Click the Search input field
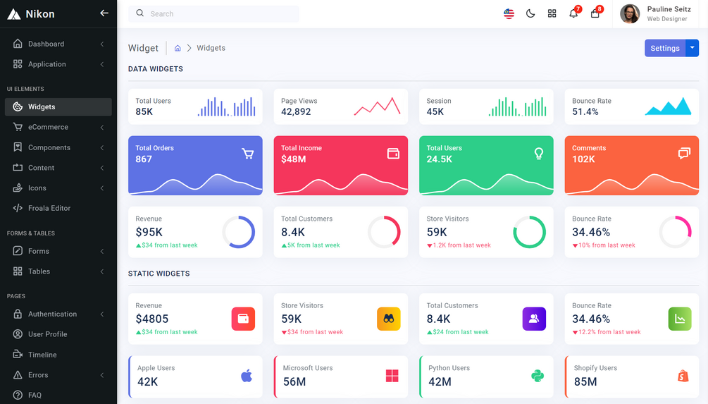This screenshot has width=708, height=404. click(x=213, y=13)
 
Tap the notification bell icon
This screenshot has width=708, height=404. click(x=573, y=13)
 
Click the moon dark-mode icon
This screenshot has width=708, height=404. click(x=530, y=13)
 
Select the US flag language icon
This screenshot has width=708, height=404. click(x=509, y=13)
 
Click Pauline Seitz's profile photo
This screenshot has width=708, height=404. click(x=630, y=13)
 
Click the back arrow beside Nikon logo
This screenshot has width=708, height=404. click(x=104, y=13)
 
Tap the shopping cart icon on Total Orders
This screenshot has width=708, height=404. click(x=247, y=154)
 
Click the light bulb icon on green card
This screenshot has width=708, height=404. click(x=539, y=154)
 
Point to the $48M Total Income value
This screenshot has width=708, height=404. click(x=294, y=159)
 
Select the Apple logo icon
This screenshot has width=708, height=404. click(x=247, y=376)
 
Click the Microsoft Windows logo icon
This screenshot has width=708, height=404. click(x=392, y=376)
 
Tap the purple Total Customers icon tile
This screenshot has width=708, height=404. click(x=534, y=319)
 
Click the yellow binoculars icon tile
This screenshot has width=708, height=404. click(x=389, y=319)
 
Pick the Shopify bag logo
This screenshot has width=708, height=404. click(x=683, y=376)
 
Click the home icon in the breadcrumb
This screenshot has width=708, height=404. click(x=178, y=48)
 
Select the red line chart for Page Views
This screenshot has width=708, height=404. click(x=377, y=106)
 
